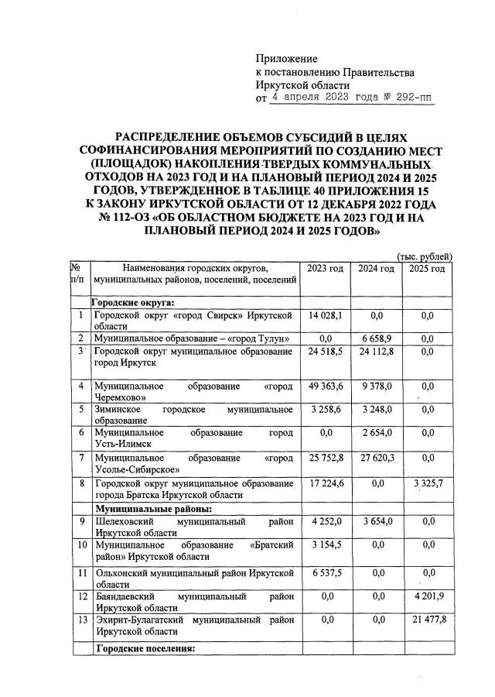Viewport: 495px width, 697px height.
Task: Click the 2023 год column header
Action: coord(325,268)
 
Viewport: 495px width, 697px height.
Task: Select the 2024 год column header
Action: coord(375,268)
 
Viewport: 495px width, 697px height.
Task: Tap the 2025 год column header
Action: coord(426,268)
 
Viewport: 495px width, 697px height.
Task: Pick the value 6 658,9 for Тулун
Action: coord(375,338)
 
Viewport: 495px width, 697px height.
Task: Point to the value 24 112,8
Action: coord(375,351)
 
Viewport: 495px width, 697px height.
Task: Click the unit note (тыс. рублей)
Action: coord(425,256)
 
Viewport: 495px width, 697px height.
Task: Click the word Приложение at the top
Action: coord(286,59)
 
